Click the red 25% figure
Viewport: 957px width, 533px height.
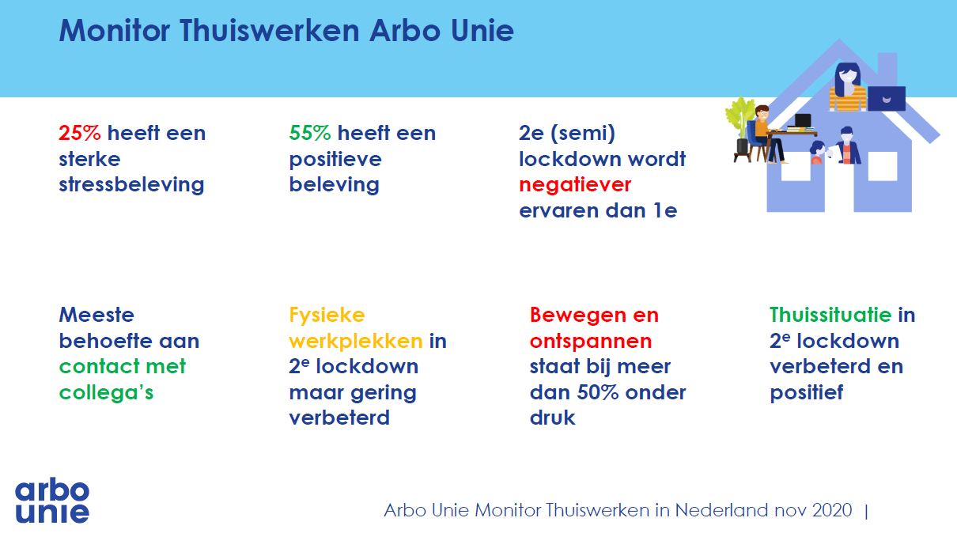coord(80,133)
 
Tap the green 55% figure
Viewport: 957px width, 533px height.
coord(310,133)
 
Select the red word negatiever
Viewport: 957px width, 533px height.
coord(575,186)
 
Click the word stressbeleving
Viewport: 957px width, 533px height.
coord(131,186)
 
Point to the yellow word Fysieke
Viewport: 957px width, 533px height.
coord(327,316)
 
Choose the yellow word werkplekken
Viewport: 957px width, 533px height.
coord(356,342)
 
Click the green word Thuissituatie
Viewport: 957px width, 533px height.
coord(830,316)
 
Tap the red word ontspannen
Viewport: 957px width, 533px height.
coord(591,342)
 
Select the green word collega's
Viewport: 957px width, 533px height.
coord(106,392)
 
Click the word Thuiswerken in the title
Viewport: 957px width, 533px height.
coord(270,31)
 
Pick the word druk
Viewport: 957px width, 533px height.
coord(552,418)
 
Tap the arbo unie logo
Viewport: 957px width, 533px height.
coord(52,501)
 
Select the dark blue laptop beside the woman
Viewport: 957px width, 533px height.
coord(887,98)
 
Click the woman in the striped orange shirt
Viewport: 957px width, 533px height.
coord(847,88)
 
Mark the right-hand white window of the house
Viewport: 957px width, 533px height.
coord(883,166)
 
